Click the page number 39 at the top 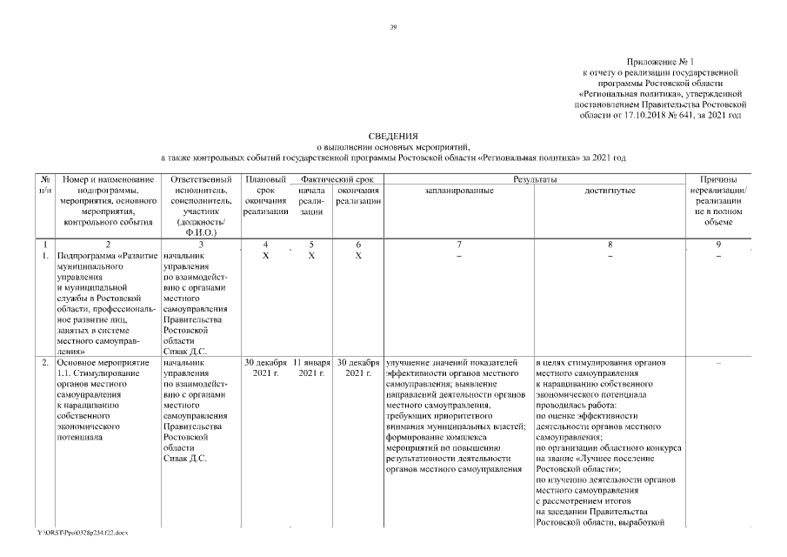393,29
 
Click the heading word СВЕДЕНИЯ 393,138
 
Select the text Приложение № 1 662,61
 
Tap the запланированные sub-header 459,190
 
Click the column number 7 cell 459,245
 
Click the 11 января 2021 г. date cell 310,367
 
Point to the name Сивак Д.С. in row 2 184,459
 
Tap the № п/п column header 44,184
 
